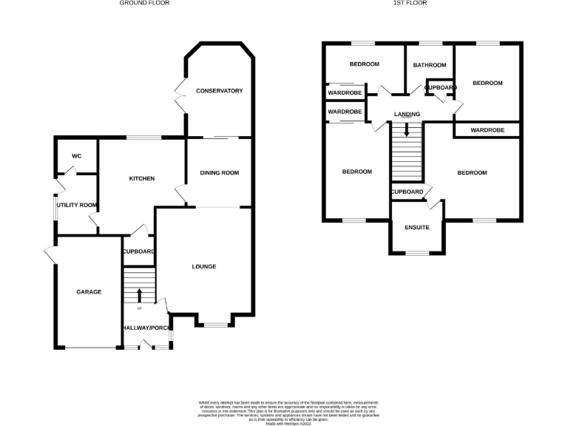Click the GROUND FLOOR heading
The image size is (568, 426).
(x=144, y=3)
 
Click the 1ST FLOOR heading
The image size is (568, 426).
(x=410, y=3)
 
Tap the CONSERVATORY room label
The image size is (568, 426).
(x=219, y=91)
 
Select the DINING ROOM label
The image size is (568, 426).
(x=219, y=173)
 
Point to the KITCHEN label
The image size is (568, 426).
(x=141, y=179)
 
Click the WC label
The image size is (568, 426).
(x=76, y=157)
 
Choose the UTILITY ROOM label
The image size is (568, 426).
(x=78, y=205)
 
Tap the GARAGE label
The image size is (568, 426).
(x=89, y=292)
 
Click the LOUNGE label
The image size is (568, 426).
(x=204, y=266)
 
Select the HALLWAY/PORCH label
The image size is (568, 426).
(x=146, y=328)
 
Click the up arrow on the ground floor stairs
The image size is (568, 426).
(x=139, y=297)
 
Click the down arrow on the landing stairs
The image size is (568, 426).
(x=406, y=130)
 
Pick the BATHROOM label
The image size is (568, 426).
(x=430, y=65)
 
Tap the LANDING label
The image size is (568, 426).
(x=407, y=114)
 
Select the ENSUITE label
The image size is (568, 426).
(x=417, y=227)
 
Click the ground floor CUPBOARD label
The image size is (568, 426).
(x=138, y=252)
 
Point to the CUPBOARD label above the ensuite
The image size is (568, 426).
(x=408, y=192)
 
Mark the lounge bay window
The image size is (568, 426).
(x=216, y=325)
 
